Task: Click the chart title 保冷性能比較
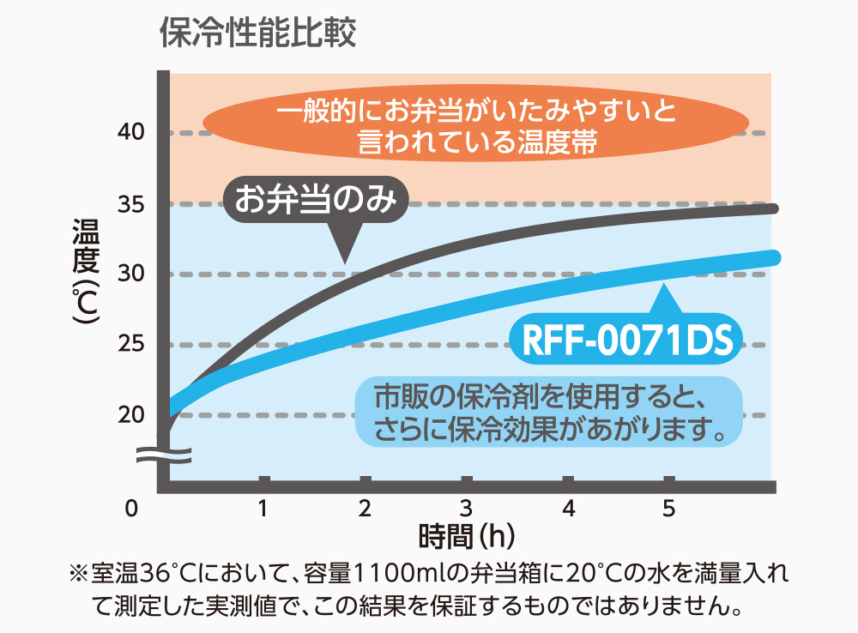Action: coord(258,33)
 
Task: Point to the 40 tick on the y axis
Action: coord(130,133)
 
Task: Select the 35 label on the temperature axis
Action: coord(130,204)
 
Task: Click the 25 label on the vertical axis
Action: coord(130,345)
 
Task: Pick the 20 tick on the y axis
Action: coord(130,415)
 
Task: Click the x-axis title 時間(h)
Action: coord(467,537)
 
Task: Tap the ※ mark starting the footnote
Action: coord(78,572)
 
